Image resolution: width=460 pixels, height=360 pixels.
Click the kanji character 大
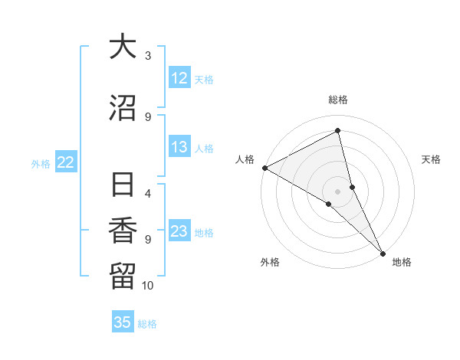(x=123, y=47)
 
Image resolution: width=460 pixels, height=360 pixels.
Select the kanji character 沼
(x=123, y=109)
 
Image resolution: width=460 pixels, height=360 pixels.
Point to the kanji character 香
(x=123, y=230)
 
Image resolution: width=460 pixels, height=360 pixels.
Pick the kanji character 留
(x=123, y=273)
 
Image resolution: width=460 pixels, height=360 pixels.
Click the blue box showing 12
(x=179, y=78)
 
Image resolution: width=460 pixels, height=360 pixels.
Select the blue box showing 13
(x=179, y=147)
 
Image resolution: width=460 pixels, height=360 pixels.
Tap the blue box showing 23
(x=179, y=231)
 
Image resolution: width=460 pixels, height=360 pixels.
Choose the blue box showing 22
(x=66, y=162)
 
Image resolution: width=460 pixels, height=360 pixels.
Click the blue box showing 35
(x=123, y=322)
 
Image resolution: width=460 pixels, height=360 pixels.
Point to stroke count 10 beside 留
(x=148, y=286)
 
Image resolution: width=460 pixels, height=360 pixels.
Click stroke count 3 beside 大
(x=148, y=55)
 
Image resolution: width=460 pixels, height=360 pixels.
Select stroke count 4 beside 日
(x=148, y=193)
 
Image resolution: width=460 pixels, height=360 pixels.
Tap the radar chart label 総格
(x=338, y=100)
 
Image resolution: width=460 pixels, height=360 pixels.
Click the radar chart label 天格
(x=431, y=159)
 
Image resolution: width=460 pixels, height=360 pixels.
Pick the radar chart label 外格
(x=270, y=262)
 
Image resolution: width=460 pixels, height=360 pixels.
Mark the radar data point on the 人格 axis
(x=264, y=167)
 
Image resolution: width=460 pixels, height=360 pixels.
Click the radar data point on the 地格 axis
(x=383, y=252)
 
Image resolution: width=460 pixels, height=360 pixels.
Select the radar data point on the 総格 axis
(x=338, y=131)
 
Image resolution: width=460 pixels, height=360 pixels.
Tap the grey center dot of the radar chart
(x=338, y=191)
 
